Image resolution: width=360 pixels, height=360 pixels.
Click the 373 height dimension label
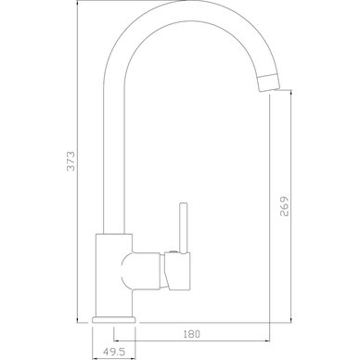(71, 161)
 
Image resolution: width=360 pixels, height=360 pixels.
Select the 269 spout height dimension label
(284, 206)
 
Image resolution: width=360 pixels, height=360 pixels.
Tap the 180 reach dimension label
(192, 334)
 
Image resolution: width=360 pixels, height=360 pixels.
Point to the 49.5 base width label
(113, 352)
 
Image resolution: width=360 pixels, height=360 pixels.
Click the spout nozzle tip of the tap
(268, 83)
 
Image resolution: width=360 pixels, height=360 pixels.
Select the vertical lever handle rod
(184, 228)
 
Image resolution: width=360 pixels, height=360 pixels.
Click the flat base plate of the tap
(114, 319)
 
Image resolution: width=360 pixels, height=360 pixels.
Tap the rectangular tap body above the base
(114, 276)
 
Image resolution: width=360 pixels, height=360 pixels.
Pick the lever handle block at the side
(177, 272)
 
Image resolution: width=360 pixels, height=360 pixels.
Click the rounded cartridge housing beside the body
(141, 271)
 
